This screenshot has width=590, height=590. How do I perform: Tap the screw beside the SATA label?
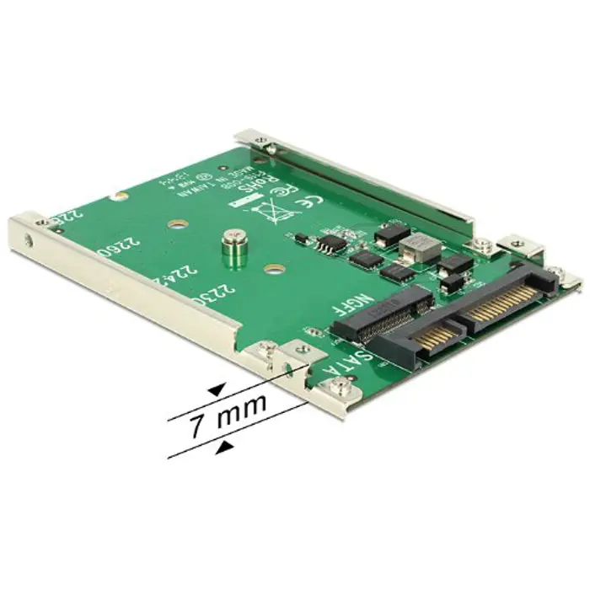[341, 386]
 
